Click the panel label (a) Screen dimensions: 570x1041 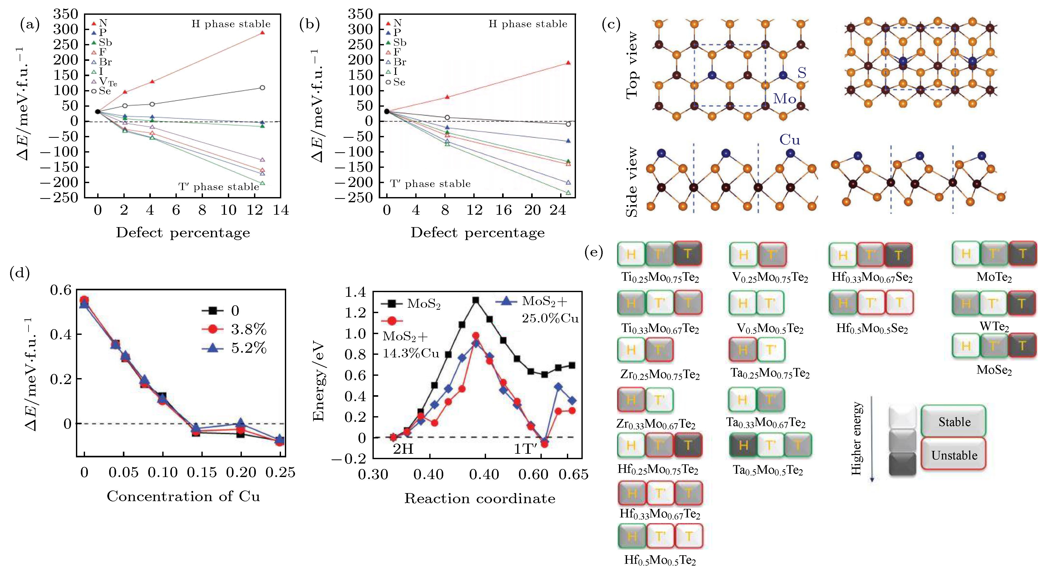click(30, 25)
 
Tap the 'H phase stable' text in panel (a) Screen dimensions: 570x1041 click(231, 24)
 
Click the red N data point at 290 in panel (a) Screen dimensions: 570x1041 click(262, 33)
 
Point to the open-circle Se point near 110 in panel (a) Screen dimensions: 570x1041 click(262, 88)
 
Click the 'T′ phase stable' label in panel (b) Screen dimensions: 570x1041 click(430, 184)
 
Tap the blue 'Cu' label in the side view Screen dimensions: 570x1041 click(789, 140)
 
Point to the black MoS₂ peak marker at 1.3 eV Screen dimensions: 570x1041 click(476, 300)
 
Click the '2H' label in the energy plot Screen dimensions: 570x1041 click(403, 449)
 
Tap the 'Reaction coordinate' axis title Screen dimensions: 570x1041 click(480, 499)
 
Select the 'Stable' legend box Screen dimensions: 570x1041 click(954, 422)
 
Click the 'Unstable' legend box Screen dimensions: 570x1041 click(954, 455)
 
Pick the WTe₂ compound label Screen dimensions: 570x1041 click(994, 326)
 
